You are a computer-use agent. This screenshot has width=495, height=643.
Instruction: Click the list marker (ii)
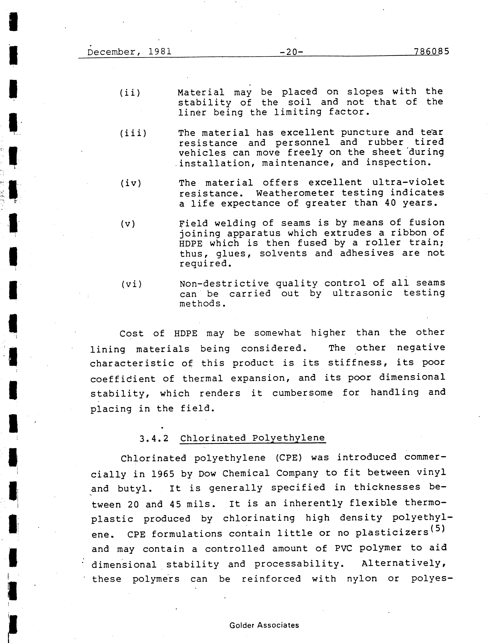pos(130,93)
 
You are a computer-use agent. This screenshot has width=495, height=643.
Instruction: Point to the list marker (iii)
pos(133,133)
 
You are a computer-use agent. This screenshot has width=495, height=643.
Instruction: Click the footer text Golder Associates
pos(264,625)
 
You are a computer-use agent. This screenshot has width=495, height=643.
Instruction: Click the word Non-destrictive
pos(224,284)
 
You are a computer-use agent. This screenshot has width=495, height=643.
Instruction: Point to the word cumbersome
pos(302,393)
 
